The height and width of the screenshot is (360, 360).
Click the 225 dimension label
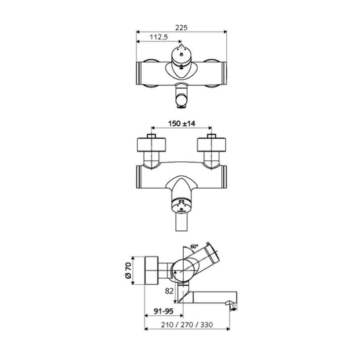pyautogui.click(x=181, y=28)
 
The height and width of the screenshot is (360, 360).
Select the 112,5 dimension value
pyautogui.click(x=159, y=37)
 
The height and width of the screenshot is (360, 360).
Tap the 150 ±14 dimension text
pyautogui.click(x=182, y=123)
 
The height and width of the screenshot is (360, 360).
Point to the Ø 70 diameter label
pyautogui.click(x=128, y=270)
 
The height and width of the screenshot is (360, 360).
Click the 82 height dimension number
pyautogui.click(x=169, y=291)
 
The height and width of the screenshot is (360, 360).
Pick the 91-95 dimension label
pyautogui.click(x=163, y=311)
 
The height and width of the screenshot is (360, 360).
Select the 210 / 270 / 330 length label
pyautogui.click(x=187, y=325)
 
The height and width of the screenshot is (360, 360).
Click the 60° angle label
pyautogui.click(x=194, y=247)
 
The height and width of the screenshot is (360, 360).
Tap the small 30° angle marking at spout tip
pyautogui.click(x=234, y=306)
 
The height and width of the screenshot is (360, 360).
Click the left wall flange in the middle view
pyautogui.click(x=152, y=145)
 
